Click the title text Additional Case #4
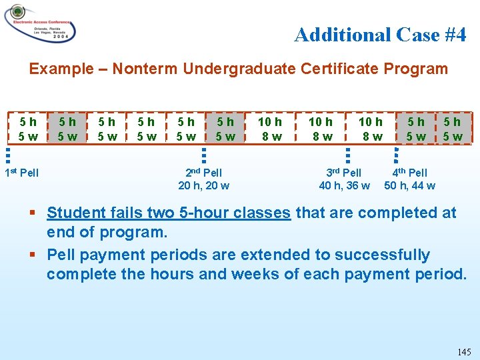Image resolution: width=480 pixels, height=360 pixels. (380, 35)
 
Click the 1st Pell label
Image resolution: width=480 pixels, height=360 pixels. (22, 173)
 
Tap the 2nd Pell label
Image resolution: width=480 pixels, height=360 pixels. (204, 173)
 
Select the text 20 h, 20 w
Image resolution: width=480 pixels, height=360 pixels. (204, 185)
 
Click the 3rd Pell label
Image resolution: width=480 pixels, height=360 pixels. (345, 173)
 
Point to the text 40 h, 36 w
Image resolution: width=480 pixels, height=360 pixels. (345, 185)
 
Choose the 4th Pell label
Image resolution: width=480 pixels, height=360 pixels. (410, 173)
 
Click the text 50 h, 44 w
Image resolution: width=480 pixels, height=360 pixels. (410, 185)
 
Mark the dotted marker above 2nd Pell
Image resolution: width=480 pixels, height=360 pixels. (204, 155)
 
